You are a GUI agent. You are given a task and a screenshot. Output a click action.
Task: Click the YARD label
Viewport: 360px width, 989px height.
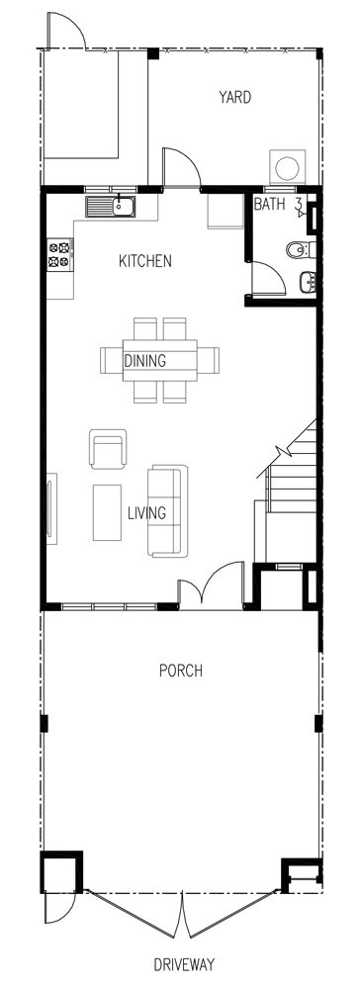coord(234,97)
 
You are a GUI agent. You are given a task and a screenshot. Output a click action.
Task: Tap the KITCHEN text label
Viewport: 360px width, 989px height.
coord(145,261)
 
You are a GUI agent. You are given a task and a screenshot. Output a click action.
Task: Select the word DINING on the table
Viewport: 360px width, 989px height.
coord(144,361)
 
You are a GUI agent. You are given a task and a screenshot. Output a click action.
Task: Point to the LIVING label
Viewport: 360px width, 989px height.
coord(146,513)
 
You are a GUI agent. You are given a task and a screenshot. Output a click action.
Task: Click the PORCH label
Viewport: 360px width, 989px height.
coord(180,671)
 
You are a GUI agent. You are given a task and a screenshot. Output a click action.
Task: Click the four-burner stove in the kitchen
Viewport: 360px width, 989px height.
coord(59,254)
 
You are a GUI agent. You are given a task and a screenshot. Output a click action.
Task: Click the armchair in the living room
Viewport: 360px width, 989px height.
coord(108,450)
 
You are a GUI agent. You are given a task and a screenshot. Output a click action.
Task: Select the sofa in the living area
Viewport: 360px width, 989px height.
coord(165,510)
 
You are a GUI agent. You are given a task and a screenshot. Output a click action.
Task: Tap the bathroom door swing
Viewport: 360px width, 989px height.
coord(267,277)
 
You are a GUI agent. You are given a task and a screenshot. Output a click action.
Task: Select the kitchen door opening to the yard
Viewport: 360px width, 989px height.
coord(181,167)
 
